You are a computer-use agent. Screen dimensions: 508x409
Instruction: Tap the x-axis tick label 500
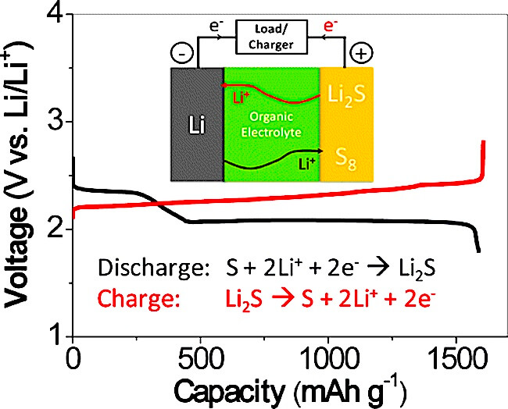click(201, 358)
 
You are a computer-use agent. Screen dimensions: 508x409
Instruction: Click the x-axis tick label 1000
click(328, 358)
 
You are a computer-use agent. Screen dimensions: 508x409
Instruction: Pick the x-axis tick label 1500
click(456, 358)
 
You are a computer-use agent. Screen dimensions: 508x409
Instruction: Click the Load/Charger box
click(271, 37)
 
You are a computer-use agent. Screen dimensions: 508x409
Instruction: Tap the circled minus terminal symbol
click(182, 53)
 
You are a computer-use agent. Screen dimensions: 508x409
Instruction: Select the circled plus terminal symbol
click(361, 53)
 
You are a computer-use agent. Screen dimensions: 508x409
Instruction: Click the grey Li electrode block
click(197, 124)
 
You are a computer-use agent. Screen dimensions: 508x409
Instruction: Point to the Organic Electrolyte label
click(271, 124)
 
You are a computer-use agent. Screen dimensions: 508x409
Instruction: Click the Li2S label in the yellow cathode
click(346, 94)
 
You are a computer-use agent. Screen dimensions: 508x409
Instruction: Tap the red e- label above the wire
click(331, 26)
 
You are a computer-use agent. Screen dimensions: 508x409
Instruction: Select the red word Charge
click(139, 298)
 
